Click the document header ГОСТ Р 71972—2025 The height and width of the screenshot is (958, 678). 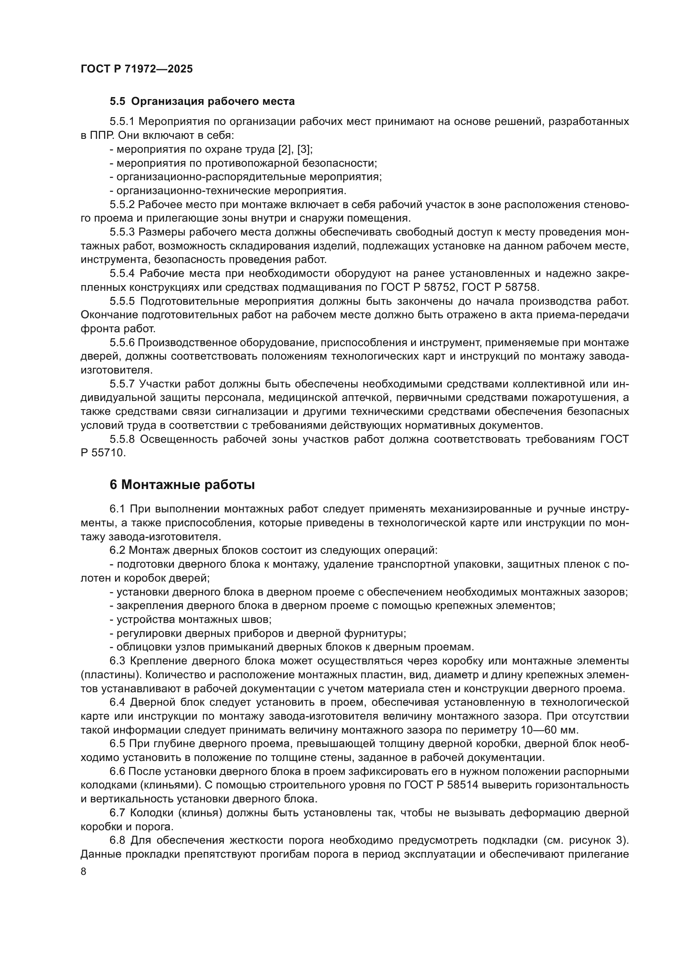pyautogui.click(x=137, y=69)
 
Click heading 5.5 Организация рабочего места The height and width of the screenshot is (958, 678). pyautogui.click(x=202, y=102)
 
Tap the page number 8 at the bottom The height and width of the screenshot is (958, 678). pyautogui.click(x=84, y=872)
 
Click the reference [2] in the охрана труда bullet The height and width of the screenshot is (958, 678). pyautogui.click(x=286, y=149)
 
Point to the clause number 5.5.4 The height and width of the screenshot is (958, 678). pyautogui.click(x=122, y=273)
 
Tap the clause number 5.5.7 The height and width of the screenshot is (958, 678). pyautogui.click(x=122, y=384)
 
